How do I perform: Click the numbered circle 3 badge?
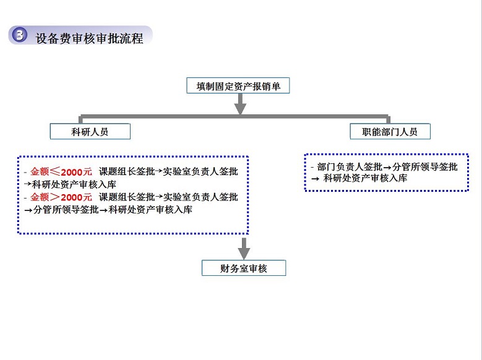19,35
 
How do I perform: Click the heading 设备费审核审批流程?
89,39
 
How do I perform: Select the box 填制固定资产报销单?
238,85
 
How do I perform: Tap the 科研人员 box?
90,132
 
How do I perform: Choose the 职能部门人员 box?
390,132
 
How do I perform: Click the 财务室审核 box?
244,268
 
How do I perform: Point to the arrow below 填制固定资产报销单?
241,103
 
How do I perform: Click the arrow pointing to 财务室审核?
244,249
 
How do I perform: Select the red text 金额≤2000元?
61,171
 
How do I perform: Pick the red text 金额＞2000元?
61,197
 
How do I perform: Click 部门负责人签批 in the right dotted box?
350,167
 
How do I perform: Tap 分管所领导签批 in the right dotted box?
425,167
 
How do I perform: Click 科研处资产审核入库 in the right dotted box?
366,178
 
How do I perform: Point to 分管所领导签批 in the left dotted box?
66,210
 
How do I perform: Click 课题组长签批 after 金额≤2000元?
127,171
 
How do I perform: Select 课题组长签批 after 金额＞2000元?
127,197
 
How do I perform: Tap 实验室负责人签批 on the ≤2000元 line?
200,171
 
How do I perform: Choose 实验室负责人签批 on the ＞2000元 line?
200,197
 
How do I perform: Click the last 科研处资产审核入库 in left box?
150,210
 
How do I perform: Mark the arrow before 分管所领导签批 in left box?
28,210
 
